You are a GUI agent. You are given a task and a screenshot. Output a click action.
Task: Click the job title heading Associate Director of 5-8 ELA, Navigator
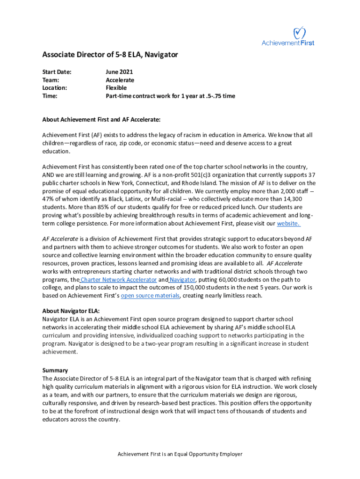click(x=110, y=55)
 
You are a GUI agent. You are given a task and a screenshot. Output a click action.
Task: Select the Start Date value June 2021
click(x=119, y=72)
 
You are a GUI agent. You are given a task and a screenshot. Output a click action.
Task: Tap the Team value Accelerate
click(x=120, y=80)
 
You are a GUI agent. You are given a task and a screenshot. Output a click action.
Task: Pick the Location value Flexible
click(x=116, y=88)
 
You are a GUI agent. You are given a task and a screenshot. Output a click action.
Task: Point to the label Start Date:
click(x=57, y=72)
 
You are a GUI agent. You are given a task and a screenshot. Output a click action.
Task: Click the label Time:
click(x=50, y=96)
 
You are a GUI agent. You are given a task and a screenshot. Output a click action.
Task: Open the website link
click(x=288, y=224)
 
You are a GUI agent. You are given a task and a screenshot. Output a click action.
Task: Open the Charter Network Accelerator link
click(x=118, y=280)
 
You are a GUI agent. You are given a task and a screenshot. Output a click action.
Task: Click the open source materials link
click(x=150, y=296)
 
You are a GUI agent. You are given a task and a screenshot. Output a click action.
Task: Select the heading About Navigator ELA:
click(x=71, y=311)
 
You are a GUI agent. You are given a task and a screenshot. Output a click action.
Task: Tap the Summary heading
click(x=55, y=370)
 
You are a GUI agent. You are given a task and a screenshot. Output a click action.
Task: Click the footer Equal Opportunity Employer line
click(x=180, y=454)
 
